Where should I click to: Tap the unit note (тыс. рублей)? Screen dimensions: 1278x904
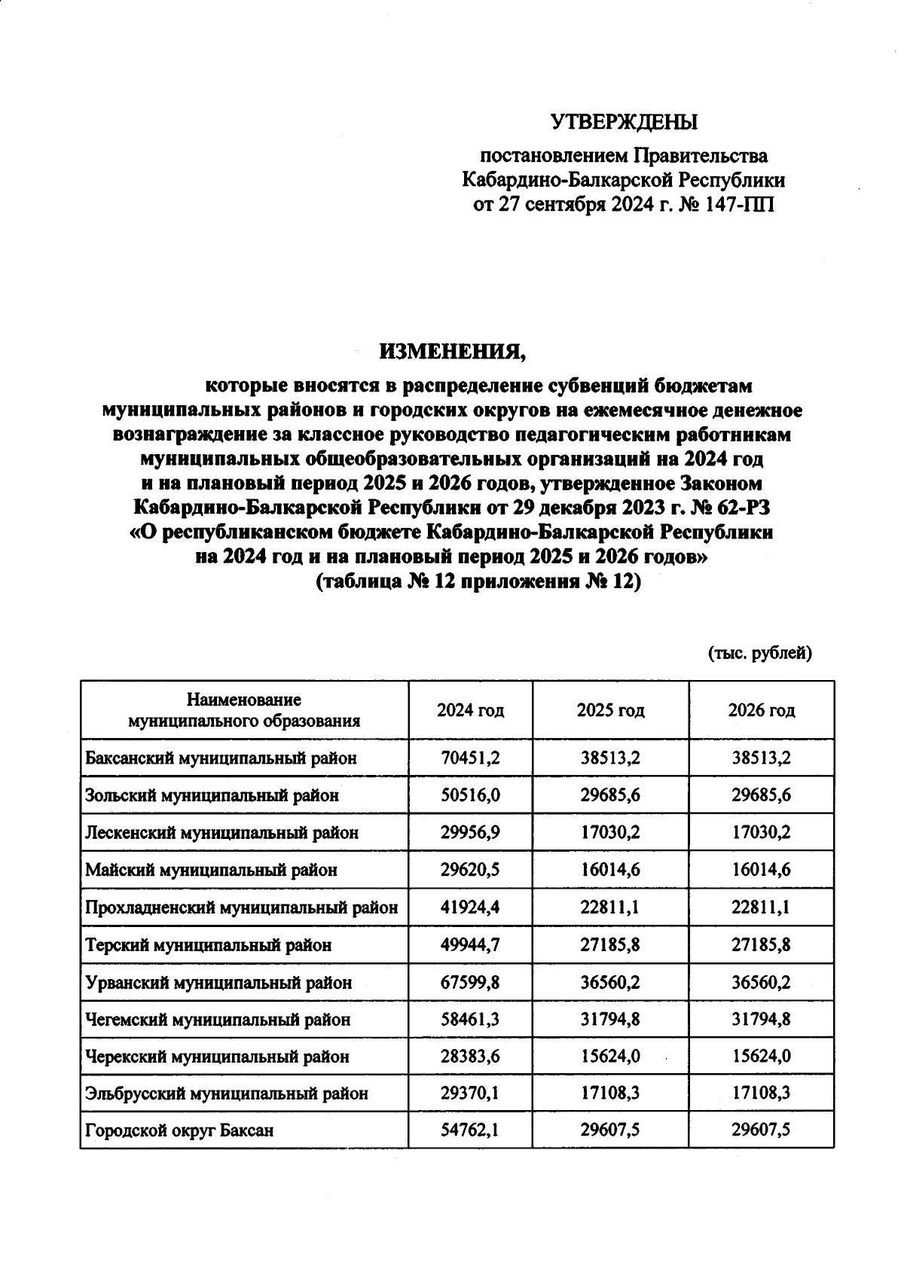tap(759, 653)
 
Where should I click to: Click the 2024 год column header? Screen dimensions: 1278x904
tap(470, 710)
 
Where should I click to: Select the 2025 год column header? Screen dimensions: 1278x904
tap(610, 710)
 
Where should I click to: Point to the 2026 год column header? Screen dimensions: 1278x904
tap(761, 710)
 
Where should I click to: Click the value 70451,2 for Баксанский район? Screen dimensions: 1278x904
tap(470, 758)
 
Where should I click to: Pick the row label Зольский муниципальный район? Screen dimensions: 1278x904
tap(212, 795)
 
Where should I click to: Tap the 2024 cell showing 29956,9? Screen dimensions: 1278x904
tap(470, 833)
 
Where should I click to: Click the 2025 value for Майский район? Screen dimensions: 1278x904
tap(610, 870)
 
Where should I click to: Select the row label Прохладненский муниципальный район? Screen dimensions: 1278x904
tap(241, 907)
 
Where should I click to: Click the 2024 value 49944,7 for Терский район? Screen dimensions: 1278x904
tap(470, 944)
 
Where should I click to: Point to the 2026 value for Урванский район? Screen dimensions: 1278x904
tap(761, 982)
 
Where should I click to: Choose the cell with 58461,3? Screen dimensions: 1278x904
tap(470, 1020)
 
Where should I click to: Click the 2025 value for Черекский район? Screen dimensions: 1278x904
tap(610, 1057)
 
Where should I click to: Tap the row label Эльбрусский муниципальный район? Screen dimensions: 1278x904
tap(227, 1093)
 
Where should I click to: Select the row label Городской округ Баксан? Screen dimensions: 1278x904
tap(179, 1130)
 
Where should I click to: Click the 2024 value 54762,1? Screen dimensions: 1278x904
tap(470, 1130)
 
